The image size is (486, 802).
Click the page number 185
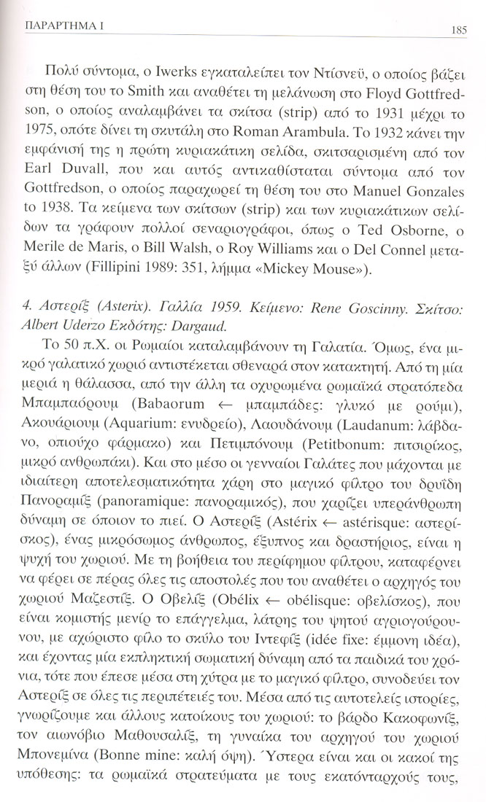click(x=460, y=30)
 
